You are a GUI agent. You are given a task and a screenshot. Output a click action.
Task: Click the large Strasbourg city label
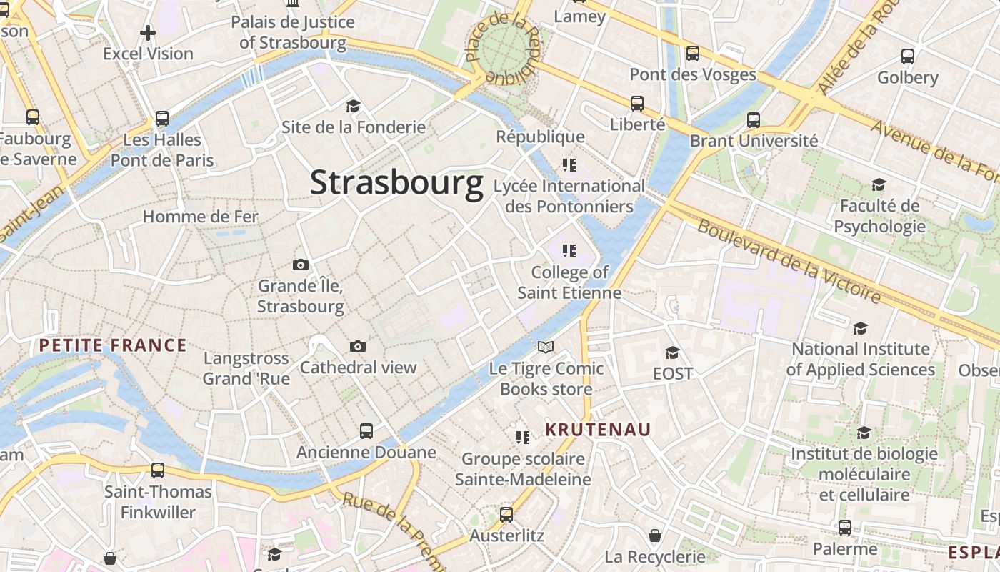tap(396, 183)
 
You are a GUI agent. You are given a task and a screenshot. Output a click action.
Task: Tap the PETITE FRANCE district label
tap(112, 346)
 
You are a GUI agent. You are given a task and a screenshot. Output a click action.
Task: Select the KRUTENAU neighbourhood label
tap(598, 429)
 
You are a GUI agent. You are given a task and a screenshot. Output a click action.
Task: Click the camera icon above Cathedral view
tap(358, 347)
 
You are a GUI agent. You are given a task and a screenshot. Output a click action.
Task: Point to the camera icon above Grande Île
tap(301, 265)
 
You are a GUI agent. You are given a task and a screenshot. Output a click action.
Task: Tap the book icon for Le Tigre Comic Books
tap(546, 347)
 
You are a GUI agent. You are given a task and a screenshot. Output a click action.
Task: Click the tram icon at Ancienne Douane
tap(366, 431)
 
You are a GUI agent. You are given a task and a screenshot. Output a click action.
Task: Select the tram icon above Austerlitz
tap(506, 514)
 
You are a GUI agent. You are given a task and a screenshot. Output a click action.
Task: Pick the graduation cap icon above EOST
tap(672, 352)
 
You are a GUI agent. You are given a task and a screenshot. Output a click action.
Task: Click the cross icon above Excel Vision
tap(148, 33)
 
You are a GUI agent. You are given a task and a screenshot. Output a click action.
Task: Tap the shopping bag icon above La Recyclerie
tap(655, 536)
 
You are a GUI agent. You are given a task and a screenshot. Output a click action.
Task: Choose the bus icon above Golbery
tap(907, 56)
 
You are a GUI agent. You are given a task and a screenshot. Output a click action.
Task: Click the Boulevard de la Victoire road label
tap(789, 260)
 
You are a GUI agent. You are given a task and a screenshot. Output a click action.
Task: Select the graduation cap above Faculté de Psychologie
tap(879, 185)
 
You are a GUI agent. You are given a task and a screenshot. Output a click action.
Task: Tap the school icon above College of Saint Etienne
tap(569, 251)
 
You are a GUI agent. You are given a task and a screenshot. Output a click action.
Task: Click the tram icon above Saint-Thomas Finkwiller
tap(158, 470)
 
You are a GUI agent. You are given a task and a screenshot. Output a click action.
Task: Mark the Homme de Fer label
tap(200, 216)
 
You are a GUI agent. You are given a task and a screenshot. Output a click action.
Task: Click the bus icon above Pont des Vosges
tap(692, 54)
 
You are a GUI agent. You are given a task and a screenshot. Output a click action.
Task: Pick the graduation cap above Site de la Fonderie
tap(353, 107)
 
